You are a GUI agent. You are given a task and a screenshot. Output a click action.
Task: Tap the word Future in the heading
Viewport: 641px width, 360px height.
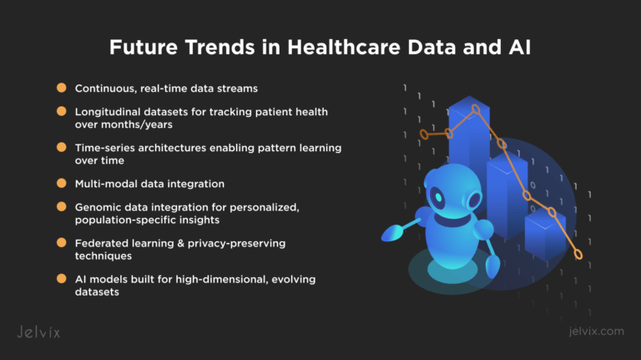click(x=140, y=48)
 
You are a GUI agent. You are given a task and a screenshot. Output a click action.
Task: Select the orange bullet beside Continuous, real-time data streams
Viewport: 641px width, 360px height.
click(x=61, y=88)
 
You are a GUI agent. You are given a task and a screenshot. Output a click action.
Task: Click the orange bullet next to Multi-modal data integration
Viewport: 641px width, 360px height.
click(x=61, y=182)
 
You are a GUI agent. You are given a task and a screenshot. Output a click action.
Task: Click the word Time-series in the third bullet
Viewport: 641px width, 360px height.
click(x=103, y=147)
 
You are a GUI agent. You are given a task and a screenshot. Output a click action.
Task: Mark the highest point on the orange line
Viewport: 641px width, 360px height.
click(x=477, y=109)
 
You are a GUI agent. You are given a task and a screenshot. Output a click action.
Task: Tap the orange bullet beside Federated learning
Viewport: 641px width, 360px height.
click(x=61, y=242)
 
